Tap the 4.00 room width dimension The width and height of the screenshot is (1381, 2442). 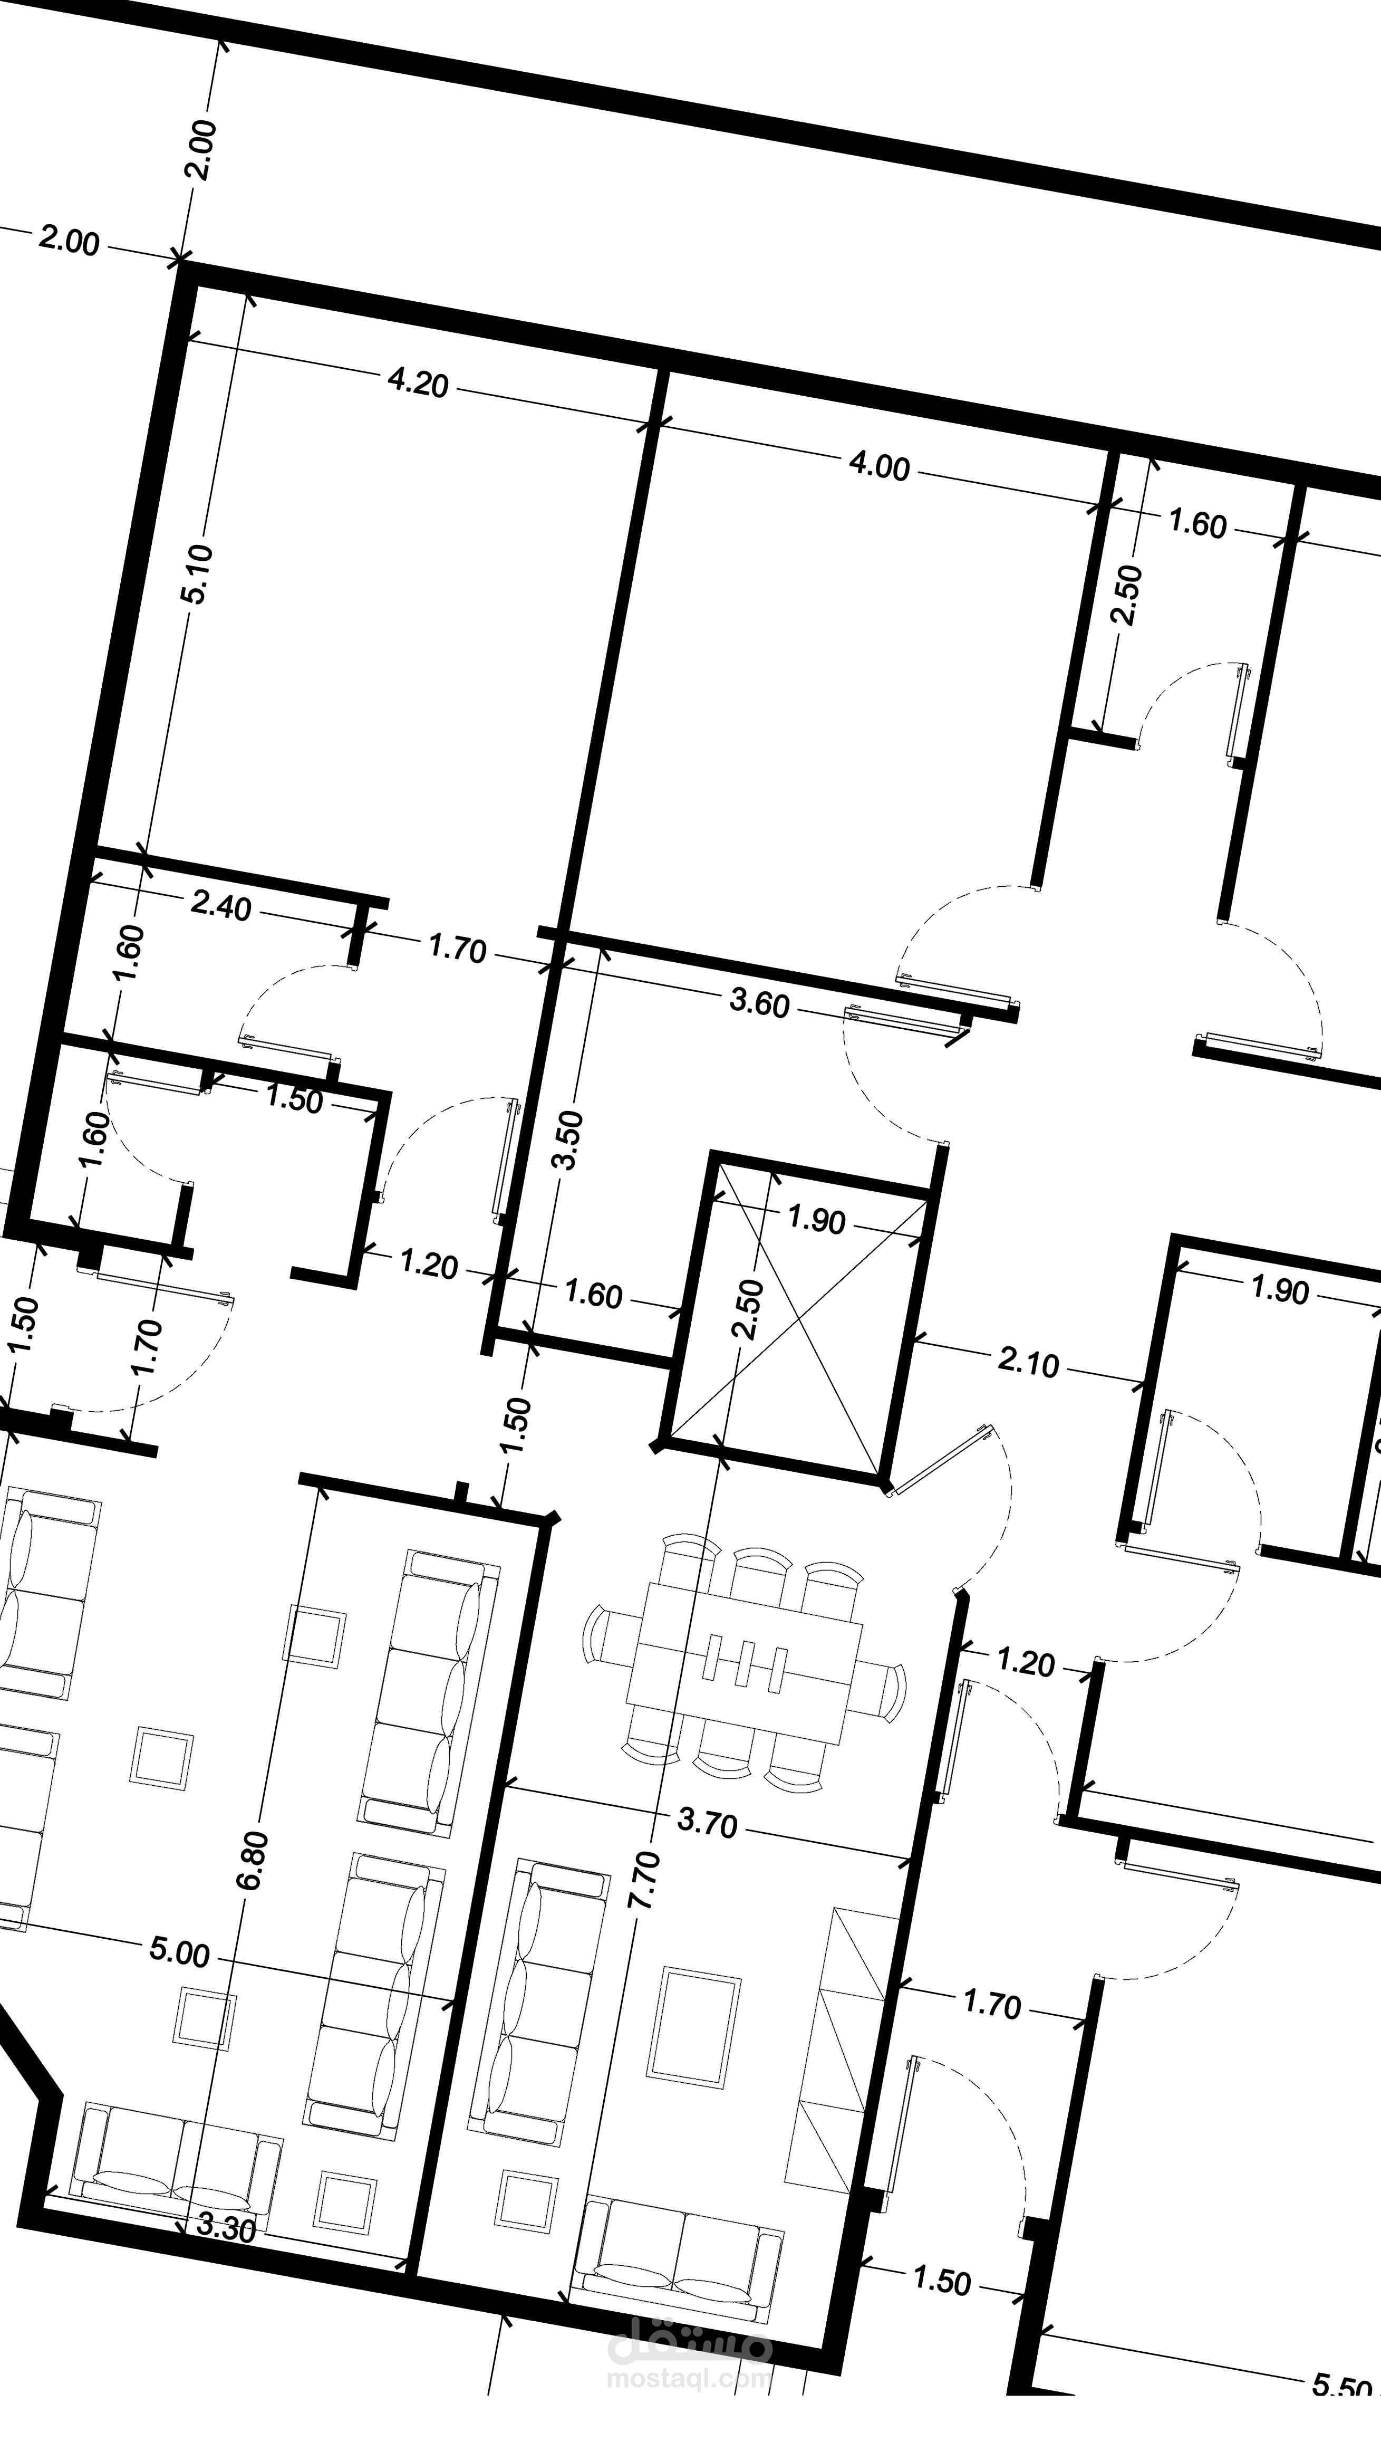(x=878, y=466)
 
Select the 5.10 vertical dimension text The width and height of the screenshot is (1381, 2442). (x=201, y=574)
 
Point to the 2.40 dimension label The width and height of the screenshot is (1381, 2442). (x=221, y=906)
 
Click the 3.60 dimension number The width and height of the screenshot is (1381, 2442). (x=759, y=1003)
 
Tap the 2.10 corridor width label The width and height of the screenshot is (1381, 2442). (x=1028, y=1363)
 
